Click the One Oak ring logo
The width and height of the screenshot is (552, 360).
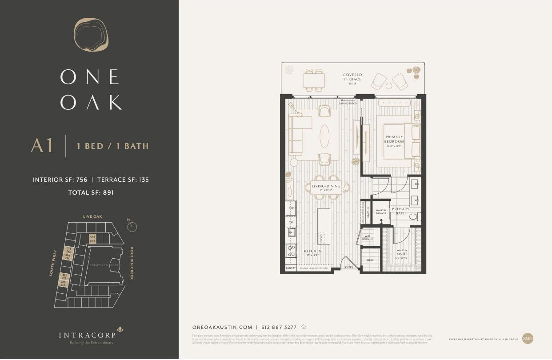pyautogui.click(x=91, y=35)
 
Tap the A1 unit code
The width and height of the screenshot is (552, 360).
pyautogui.click(x=42, y=146)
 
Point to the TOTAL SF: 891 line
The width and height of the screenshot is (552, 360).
pyautogui.click(x=91, y=192)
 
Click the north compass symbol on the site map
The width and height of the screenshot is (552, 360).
pyautogui.click(x=132, y=227)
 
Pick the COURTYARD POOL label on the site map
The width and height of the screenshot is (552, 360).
pyautogui.click(x=103, y=265)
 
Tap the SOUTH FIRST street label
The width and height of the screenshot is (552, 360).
pyautogui.click(x=54, y=262)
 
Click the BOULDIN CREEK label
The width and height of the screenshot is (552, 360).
pyautogui.click(x=132, y=263)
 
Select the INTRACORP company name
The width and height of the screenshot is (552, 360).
pyautogui.click(x=87, y=334)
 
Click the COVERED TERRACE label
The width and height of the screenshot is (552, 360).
pyautogui.click(x=352, y=77)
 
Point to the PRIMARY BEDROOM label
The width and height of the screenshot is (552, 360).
pyautogui.click(x=394, y=139)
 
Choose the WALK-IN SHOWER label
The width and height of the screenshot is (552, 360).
pyautogui.click(x=381, y=212)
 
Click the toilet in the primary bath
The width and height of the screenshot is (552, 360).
pyautogui.click(x=413, y=217)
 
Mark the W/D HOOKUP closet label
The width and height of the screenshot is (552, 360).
pyautogui.click(x=367, y=238)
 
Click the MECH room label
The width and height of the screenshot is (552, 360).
pyautogui.click(x=370, y=260)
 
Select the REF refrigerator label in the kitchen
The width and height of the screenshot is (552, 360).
pyautogui.click(x=291, y=208)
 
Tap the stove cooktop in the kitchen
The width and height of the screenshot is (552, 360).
pyautogui.click(x=292, y=251)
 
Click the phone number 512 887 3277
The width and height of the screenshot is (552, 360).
pyautogui.click(x=279, y=327)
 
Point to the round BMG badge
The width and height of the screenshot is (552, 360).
pyautogui.click(x=528, y=338)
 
